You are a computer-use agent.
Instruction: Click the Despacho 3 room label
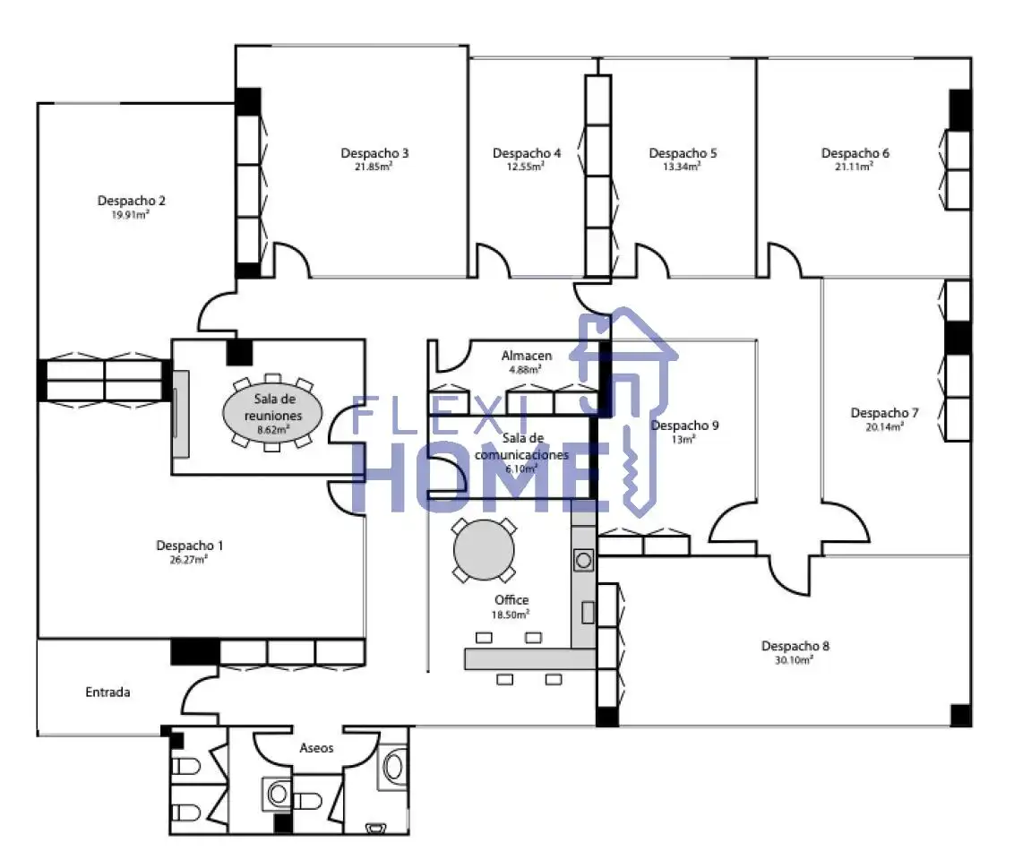(374, 153)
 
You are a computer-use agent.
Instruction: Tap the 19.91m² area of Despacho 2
(130, 215)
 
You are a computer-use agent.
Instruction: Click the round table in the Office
(484, 550)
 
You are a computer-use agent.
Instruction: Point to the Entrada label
(108, 692)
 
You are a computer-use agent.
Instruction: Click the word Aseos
(316, 747)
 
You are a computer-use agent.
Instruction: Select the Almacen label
(527, 356)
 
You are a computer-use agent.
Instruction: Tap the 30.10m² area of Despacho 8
(794, 660)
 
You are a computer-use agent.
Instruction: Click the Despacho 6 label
(855, 153)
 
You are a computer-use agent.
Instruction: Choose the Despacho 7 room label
(884, 413)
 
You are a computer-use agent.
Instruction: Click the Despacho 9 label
(684, 426)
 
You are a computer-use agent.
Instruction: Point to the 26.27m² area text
(188, 560)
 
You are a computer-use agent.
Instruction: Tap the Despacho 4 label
(527, 153)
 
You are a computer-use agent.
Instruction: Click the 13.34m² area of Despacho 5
(682, 167)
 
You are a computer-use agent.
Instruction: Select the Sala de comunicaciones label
(522, 446)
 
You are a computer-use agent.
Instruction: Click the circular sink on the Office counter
(583, 560)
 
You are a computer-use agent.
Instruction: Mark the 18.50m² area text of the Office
(511, 615)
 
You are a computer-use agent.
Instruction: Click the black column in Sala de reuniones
(239, 352)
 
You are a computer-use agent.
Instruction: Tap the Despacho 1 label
(190, 546)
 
